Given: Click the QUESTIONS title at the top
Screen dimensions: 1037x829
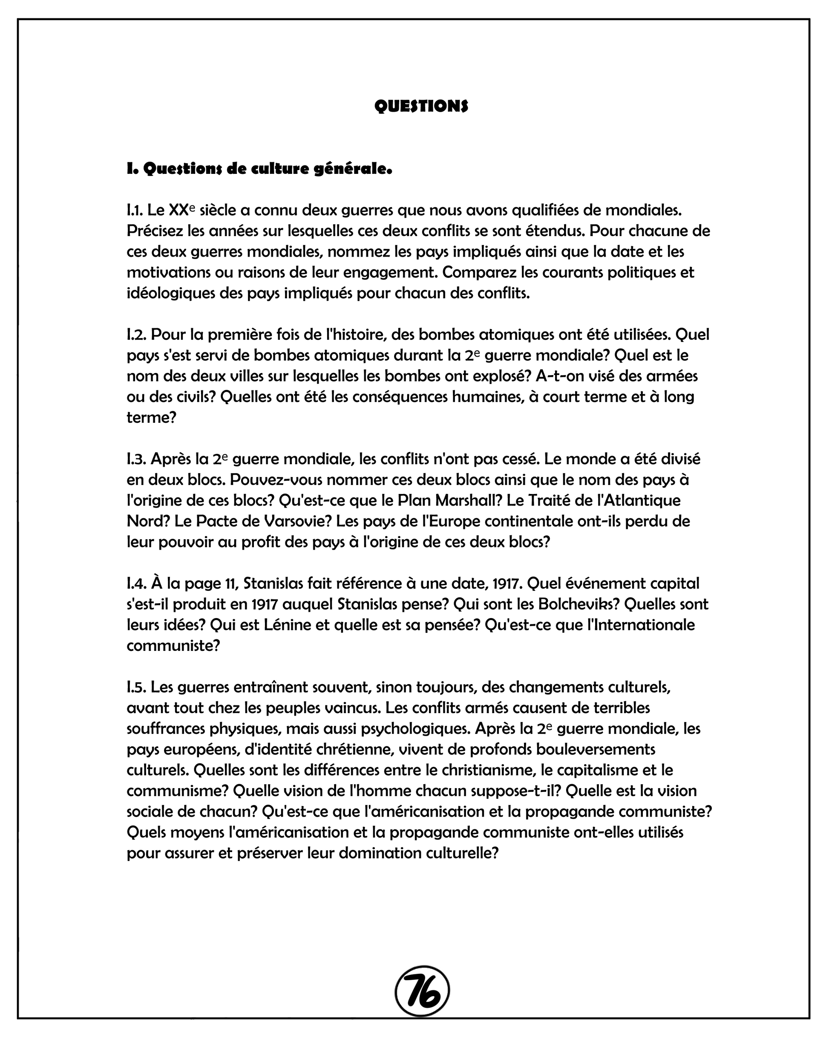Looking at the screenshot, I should click(421, 106).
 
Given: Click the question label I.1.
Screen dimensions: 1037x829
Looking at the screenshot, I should click(135, 210).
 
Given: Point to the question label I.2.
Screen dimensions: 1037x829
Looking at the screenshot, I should click(137, 334).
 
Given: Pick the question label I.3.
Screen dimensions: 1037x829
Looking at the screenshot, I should click(137, 459).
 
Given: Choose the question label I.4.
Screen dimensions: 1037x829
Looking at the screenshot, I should click(137, 583).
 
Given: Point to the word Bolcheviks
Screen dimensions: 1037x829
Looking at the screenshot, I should click(579, 604).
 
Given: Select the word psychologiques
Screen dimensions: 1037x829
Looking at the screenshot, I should click(415, 729).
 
